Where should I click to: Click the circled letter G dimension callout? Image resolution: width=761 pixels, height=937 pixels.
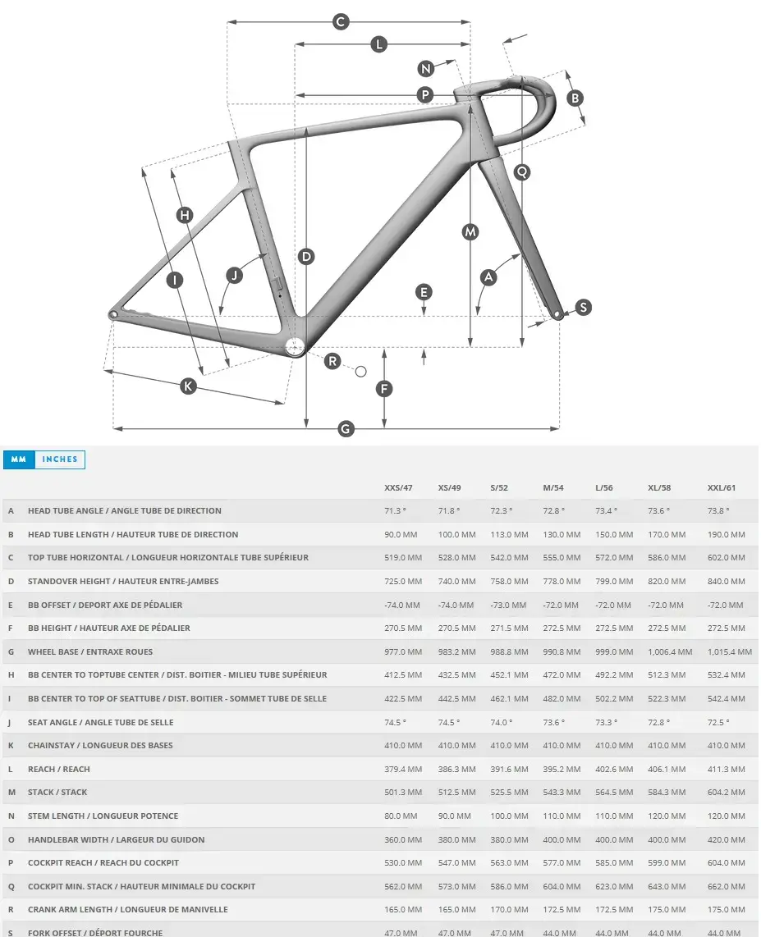tap(346, 428)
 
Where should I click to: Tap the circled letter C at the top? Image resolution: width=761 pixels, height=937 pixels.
tap(341, 22)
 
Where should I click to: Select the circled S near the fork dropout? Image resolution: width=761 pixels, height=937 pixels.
tap(583, 308)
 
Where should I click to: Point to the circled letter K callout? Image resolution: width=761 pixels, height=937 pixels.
tap(189, 385)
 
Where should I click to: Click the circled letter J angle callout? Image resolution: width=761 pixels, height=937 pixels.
tap(235, 275)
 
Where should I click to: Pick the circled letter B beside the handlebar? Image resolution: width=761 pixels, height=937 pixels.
tap(575, 98)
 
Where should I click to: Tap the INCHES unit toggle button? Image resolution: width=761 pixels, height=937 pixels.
tap(60, 459)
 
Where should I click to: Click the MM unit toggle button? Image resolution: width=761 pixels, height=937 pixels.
tap(19, 459)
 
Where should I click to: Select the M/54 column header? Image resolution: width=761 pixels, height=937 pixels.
tap(553, 487)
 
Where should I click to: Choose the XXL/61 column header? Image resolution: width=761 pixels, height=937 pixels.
tap(722, 487)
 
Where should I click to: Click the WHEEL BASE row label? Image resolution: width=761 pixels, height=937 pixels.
tap(90, 651)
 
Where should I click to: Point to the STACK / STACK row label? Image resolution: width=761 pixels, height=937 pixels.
tap(57, 793)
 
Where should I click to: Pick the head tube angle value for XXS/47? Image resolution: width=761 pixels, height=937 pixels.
tap(396, 510)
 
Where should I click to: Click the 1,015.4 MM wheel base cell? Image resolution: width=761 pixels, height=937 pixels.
tap(730, 651)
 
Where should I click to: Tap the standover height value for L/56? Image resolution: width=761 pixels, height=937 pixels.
tap(614, 581)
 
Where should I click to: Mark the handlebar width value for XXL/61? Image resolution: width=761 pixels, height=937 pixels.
tap(727, 839)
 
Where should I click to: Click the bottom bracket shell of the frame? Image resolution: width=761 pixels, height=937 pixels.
tap(296, 347)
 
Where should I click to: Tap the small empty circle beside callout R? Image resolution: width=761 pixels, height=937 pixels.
tap(360, 372)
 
